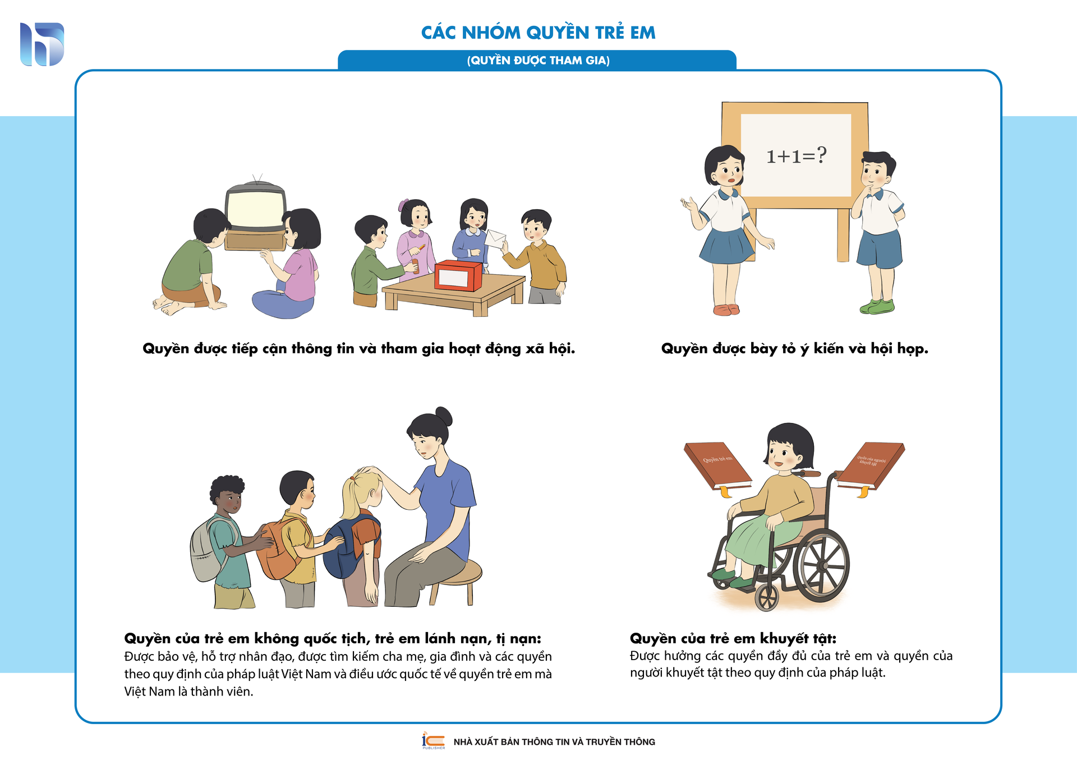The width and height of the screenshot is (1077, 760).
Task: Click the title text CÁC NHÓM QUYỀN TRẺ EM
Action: (x=538, y=32)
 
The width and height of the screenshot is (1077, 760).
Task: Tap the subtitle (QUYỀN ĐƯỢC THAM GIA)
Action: (x=538, y=61)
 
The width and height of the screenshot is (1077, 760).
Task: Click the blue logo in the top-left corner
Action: (x=42, y=44)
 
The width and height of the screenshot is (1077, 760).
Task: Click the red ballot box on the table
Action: (x=458, y=275)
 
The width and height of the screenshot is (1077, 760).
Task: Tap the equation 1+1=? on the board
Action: (x=797, y=155)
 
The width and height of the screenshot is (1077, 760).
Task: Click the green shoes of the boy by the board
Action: (x=877, y=306)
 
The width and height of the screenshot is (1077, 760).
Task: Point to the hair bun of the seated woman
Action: (x=444, y=417)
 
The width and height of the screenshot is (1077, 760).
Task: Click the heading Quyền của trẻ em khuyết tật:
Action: (x=733, y=638)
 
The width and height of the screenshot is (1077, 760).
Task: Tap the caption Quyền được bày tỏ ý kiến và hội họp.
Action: (x=795, y=349)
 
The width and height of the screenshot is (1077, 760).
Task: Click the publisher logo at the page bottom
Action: (x=433, y=740)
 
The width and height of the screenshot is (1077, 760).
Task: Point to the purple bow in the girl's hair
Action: (x=403, y=205)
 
